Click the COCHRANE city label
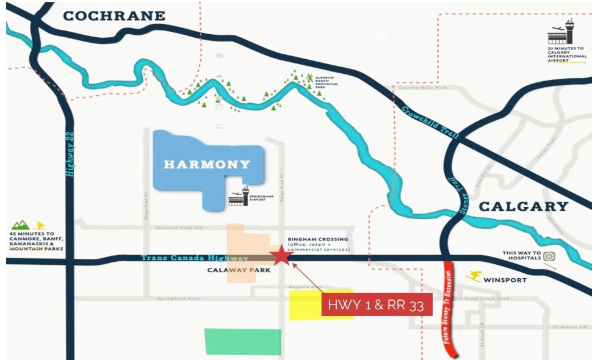[x=114, y=16]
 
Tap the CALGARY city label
[x=523, y=206]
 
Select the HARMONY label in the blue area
[x=207, y=164]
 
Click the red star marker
[x=281, y=256]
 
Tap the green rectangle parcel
[x=242, y=342]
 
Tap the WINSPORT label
[x=504, y=281]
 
